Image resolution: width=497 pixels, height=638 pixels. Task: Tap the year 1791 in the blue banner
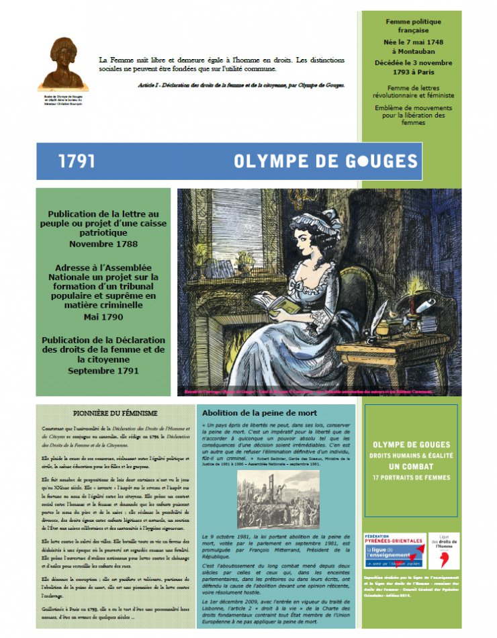click(77, 162)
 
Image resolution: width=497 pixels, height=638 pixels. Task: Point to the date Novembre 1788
click(103, 244)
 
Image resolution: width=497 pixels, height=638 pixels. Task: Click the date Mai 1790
click(103, 316)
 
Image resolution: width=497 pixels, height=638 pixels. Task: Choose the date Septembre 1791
click(103, 370)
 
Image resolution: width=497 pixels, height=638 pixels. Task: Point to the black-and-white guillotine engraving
click(278, 499)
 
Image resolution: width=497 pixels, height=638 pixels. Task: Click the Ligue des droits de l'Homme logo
click(445, 551)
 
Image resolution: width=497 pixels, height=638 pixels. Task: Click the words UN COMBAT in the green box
click(412, 465)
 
